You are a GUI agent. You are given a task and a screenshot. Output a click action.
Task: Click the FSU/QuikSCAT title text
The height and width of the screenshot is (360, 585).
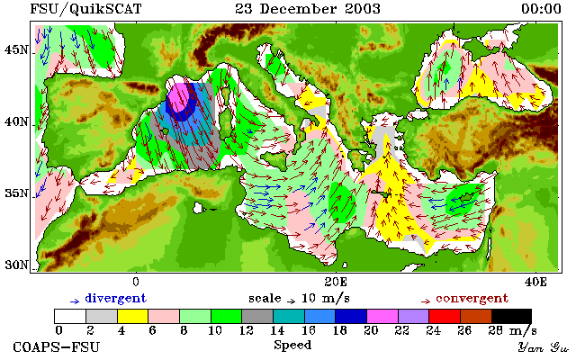click(x=85, y=9)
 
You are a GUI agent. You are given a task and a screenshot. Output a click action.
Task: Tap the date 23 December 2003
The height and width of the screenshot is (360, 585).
click(x=308, y=9)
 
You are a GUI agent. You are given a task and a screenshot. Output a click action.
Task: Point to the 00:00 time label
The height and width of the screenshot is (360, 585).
click(x=541, y=9)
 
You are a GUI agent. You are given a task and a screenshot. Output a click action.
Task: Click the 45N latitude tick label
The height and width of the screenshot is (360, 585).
click(x=16, y=49)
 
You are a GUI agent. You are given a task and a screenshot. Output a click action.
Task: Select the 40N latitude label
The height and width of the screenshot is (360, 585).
click(x=16, y=121)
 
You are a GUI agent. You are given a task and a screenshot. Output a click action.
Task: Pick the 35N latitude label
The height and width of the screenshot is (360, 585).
click(x=16, y=193)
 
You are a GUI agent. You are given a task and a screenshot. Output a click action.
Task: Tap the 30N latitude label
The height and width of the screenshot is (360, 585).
click(x=16, y=265)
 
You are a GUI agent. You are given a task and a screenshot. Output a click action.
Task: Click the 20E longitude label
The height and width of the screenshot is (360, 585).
click(x=336, y=282)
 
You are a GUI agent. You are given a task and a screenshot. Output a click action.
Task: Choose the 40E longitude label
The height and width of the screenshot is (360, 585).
click(x=535, y=282)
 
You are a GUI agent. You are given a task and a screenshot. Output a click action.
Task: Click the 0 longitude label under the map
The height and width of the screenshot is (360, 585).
click(x=136, y=282)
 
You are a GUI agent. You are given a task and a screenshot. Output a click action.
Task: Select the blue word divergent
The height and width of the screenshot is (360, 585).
click(x=116, y=299)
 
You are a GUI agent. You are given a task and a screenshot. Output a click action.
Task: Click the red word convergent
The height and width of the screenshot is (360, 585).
click(x=472, y=299)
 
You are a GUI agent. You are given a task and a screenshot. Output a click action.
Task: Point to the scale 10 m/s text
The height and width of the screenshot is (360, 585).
click(x=299, y=299)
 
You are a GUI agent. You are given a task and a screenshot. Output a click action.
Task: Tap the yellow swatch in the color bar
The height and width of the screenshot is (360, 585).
click(x=133, y=317)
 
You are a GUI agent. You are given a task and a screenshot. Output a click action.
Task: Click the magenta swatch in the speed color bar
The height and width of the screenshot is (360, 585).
click(x=382, y=317)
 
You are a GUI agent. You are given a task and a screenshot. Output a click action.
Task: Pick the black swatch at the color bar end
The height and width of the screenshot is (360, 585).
click(x=511, y=317)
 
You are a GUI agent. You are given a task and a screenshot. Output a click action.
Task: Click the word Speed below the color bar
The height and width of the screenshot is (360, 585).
click(x=292, y=346)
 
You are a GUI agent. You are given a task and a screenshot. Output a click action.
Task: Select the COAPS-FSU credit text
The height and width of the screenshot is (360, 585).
click(x=57, y=347)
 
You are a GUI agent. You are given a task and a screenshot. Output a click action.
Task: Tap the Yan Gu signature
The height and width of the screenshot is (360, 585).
click(x=544, y=348)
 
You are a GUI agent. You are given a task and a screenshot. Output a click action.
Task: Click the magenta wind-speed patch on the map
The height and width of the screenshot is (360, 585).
click(x=178, y=97)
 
